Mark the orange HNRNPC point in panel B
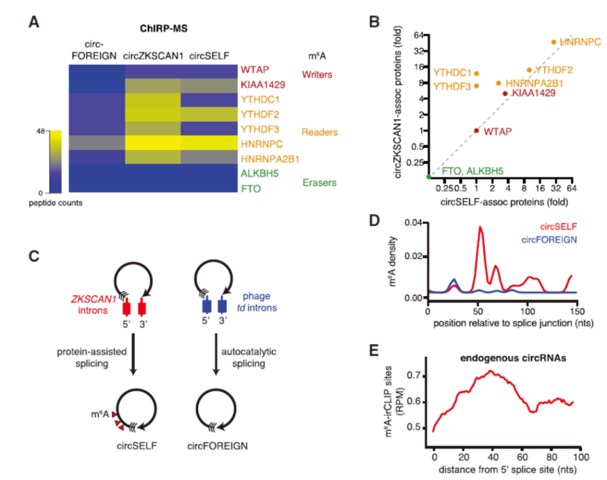pos(554,42)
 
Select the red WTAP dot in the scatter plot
pos(476,131)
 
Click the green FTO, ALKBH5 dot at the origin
pos(429,177)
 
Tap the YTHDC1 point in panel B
pos(476,74)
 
